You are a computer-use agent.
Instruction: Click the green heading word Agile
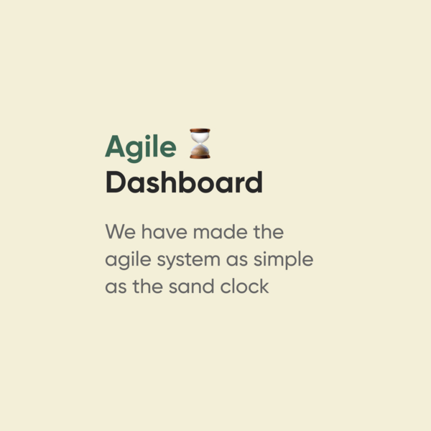(141, 148)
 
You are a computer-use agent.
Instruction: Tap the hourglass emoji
(200, 143)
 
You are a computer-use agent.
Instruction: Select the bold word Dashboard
(184, 182)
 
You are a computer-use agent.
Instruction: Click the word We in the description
(121, 231)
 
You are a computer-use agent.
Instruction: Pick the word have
(164, 231)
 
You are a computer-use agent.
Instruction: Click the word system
(188, 260)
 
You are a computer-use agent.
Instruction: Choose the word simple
(283, 259)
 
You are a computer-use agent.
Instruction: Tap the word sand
(191, 286)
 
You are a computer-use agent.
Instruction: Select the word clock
(244, 286)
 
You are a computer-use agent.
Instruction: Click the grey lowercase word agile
(128, 260)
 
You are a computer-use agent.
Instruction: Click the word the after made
(268, 231)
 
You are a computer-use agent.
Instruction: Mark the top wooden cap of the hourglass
(200, 130)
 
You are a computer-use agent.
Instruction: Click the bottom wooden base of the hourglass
(200, 157)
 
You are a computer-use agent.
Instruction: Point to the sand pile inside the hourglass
(200, 150)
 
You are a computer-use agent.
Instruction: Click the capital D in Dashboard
(114, 182)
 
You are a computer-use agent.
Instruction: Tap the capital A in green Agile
(115, 146)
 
